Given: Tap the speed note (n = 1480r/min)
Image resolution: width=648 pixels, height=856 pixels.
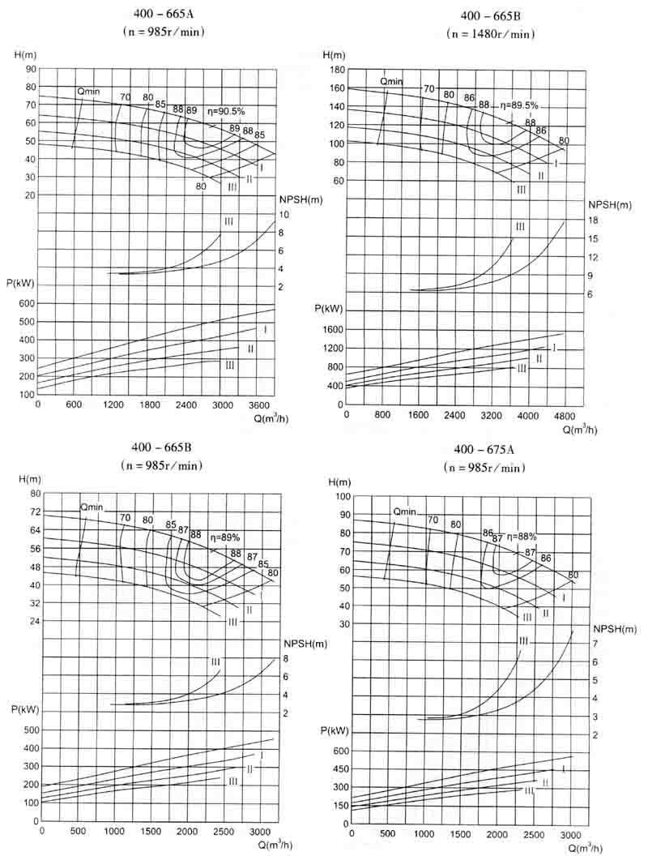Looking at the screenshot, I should coord(490,34).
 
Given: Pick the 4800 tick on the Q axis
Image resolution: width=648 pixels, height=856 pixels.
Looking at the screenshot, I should coord(563,415).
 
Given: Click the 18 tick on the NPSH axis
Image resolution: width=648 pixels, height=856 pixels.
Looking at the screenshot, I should coord(594,220).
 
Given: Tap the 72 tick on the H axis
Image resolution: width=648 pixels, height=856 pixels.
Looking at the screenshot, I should coord(34,512).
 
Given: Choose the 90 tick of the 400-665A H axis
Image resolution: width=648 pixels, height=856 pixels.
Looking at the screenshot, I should coord(32,70).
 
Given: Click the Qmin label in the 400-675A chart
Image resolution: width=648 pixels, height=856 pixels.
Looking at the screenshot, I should coord(404,511).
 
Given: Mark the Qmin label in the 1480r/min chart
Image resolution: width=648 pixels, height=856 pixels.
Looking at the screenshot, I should coord(392,81).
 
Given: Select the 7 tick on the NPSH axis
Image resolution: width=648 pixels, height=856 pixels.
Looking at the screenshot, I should coord(595,644).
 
